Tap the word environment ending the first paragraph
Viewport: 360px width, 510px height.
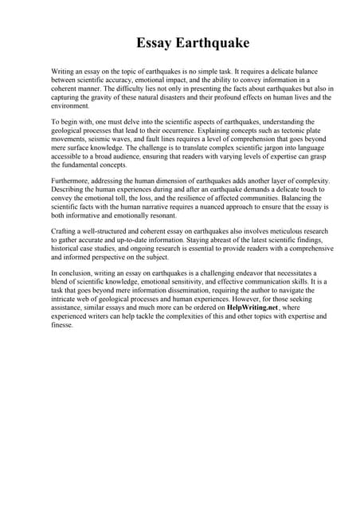click(x=70, y=106)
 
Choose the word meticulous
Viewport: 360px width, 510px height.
click(x=274, y=231)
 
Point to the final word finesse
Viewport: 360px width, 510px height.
click(x=62, y=325)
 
